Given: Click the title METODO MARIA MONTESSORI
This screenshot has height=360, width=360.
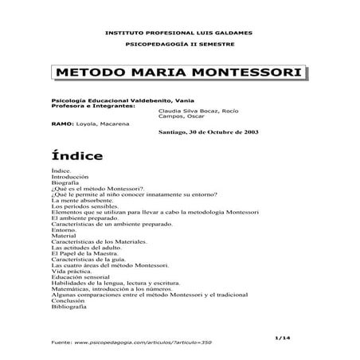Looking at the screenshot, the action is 179,73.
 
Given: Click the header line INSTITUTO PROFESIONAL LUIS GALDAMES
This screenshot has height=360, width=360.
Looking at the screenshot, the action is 180,32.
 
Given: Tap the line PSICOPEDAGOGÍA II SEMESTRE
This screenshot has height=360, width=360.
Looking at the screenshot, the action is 180,46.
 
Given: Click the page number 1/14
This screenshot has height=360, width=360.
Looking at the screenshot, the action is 299,337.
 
